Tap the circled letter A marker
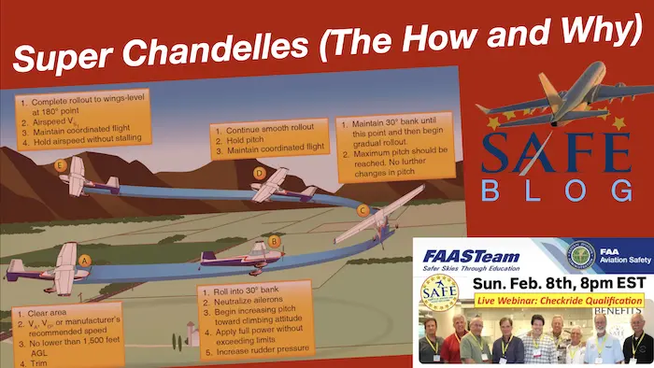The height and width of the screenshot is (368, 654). pyautogui.click(x=84, y=261)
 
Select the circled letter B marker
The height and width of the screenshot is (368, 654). pyautogui.click(x=275, y=241)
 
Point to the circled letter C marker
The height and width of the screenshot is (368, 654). pyautogui.click(x=363, y=210)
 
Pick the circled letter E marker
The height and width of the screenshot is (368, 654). pyautogui.click(x=61, y=166)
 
